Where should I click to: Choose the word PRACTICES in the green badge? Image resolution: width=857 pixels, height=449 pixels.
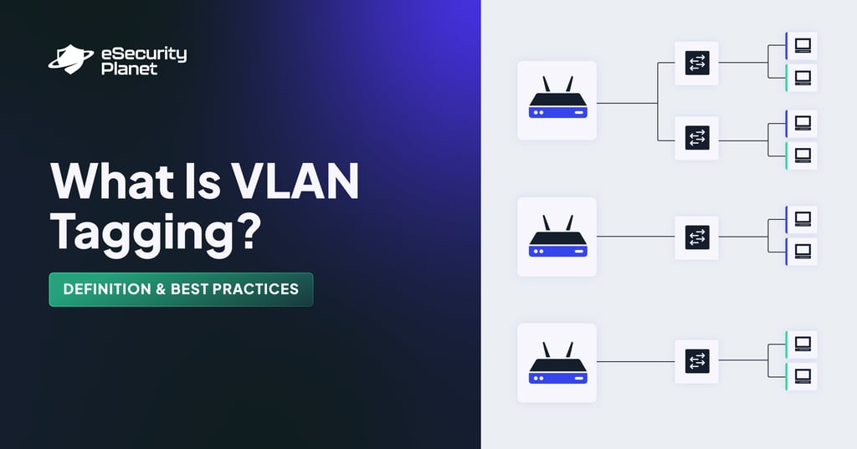click(x=254, y=289)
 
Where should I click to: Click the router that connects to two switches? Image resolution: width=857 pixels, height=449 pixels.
click(x=557, y=100)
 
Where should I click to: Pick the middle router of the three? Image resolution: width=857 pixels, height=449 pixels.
click(x=557, y=237)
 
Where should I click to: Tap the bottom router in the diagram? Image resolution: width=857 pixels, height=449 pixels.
click(x=557, y=363)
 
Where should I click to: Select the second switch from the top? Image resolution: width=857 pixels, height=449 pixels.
click(x=696, y=138)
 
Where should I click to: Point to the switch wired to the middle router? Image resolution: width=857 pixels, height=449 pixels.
click(x=696, y=237)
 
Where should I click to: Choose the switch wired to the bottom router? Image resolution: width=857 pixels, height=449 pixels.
click(x=696, y=361)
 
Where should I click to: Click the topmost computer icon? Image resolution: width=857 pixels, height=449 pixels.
click(x=803, y=45)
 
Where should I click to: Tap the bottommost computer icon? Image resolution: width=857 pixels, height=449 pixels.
click(x=803, y=375)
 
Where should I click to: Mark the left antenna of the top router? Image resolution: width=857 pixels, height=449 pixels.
click(x=546, y=84)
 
